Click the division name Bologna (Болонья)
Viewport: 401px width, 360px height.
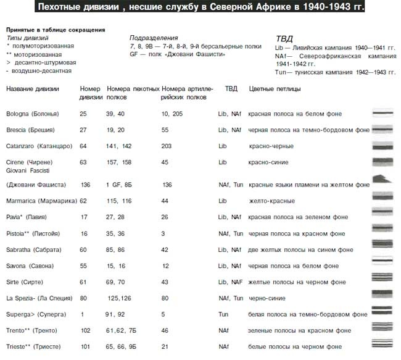(x=32, y=114)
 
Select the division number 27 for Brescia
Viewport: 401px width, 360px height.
(x=84, y=130)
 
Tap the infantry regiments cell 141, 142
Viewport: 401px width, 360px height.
(x=119, y=146)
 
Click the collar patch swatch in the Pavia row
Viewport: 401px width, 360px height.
(x=384, y=217)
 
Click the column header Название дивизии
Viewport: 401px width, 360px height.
(x=33, y=89)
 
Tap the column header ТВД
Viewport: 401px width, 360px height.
(x=231, y=89)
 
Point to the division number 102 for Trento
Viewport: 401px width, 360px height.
(x=85, y=330)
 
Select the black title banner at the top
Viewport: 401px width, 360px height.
(x=200, y=7)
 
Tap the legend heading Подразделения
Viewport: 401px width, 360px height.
(x=154, y=38)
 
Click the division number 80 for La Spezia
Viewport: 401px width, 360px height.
(x=84, y=298)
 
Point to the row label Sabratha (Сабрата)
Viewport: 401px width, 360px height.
(x=34, y=249)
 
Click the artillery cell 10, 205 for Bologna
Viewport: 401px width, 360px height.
(x=172, y=114)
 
